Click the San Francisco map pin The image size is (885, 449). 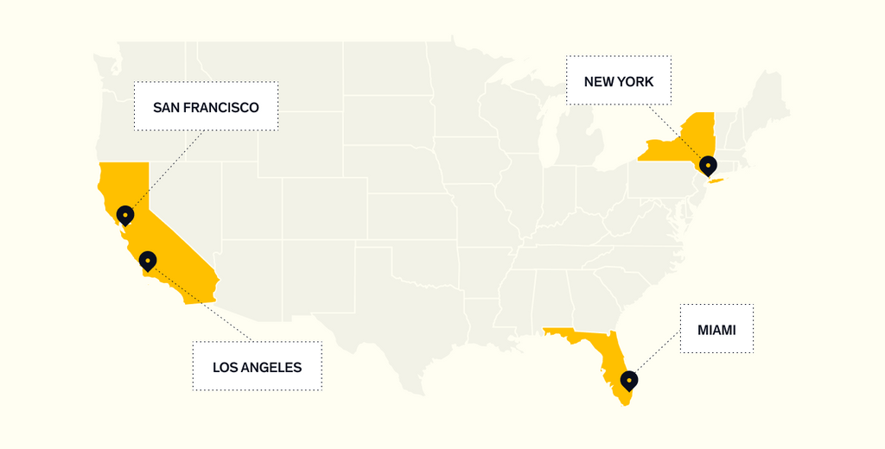coord(125,214)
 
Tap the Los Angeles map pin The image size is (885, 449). coord(148,260)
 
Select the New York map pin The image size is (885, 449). coord(708,164)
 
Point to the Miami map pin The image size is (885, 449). coord(629,379)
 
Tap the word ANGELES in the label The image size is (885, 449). coord(272,368)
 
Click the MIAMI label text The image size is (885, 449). coord(716,330)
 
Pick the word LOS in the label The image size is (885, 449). coord(224,368)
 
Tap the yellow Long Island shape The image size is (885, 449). coord(715,180)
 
